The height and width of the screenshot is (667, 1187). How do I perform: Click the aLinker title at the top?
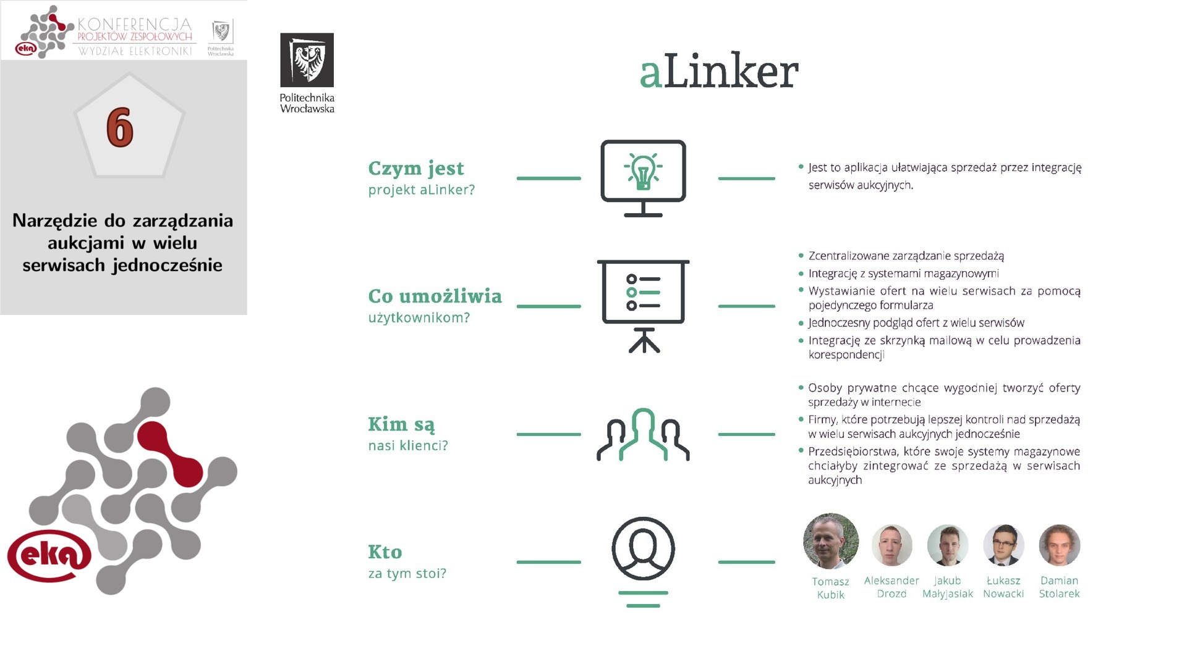(718, 72)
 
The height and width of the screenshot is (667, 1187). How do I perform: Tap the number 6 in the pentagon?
(120, 127)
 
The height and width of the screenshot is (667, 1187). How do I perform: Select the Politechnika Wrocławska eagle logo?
(307, 60)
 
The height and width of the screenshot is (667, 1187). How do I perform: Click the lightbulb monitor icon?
(643, 178)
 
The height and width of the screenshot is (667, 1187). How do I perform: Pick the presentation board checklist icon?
(643, 306)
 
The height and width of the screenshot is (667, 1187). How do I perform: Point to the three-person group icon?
(643, 435)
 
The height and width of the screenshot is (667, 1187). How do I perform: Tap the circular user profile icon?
(643, 549)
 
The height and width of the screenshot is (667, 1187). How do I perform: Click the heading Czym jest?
(415, 168)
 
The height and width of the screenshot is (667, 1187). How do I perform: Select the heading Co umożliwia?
(435, 296)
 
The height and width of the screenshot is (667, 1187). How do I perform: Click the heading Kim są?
(401, 424)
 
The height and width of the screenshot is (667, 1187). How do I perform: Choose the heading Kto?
(385, 552)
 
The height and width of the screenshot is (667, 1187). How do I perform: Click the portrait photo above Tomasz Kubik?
(830, 540)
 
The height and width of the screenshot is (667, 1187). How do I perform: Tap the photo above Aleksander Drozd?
(891, 545)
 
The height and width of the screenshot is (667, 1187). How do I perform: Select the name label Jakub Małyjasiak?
(947, 587)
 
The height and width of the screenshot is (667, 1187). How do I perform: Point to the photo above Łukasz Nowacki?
(1003, 545)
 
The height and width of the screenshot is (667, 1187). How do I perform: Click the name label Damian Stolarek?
(1059, 587)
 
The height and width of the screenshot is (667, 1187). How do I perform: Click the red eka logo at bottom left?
(49, 555)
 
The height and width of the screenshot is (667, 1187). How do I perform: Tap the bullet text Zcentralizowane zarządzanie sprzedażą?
(906, 256)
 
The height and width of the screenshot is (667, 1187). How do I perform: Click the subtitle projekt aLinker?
(421, 190)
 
